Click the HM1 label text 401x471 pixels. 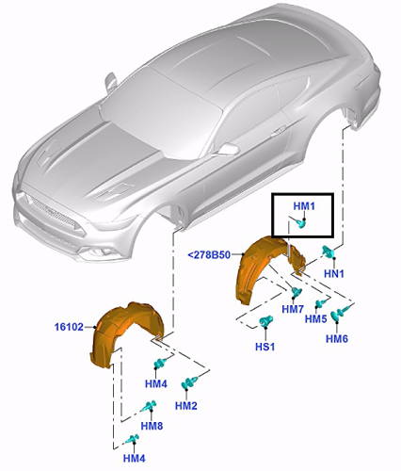coord(304,206)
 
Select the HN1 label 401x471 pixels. coord(334,274)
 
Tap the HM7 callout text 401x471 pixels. coord(293,309)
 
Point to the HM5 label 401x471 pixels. coord(315,319)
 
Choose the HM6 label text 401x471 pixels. coord(337,339)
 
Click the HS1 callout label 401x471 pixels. coord(265,347)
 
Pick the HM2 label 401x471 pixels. coord(185,406)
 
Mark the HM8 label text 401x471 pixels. coord(152,426)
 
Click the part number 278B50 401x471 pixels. coord(209,255)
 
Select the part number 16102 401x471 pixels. coord(69,327)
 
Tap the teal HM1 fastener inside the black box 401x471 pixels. coord(301,223)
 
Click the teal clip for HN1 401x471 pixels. coord(329,252)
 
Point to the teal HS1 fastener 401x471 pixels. coord(265,321)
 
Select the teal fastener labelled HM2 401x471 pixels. coord(189,382)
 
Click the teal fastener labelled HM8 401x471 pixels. coord(150,406)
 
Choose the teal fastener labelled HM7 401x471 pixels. coord(297,292)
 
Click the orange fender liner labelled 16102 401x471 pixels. coord(125,333)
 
